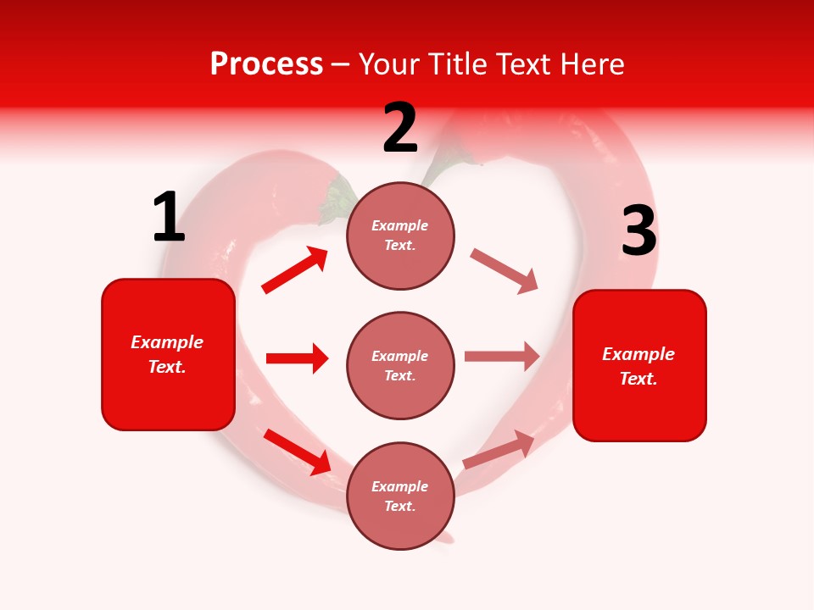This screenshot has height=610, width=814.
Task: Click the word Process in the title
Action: pos(266,64)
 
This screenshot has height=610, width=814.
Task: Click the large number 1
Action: pos(168,218)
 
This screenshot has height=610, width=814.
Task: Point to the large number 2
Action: pos(400,129)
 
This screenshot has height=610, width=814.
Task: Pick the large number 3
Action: pos(638,232)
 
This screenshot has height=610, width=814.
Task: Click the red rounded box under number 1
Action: pos(168,354)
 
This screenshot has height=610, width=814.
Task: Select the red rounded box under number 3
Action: pos(639,366)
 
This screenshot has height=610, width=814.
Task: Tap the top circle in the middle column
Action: pos(400,236)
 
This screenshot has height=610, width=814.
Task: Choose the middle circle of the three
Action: pos(400,365)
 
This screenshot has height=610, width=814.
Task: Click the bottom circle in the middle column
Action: pos(400,496)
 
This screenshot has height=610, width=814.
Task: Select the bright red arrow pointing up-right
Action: pos(295,270)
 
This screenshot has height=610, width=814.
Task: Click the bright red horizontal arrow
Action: pos(297,358)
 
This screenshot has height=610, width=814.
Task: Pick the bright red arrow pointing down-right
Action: pos(298,451)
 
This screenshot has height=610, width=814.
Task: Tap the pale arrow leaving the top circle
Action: pos(505,271)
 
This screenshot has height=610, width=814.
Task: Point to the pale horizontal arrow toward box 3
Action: pos(502,357)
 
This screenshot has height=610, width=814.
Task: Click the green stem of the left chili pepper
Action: pos(337,200)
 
